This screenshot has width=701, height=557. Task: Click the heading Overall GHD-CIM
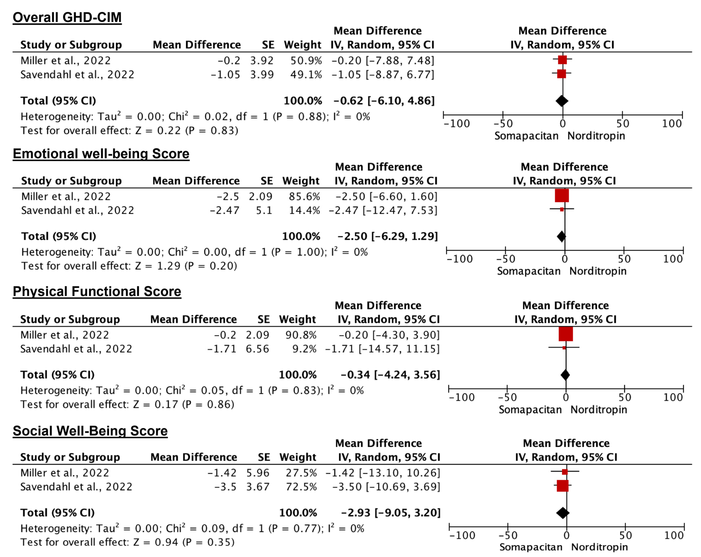(x=67, y=17)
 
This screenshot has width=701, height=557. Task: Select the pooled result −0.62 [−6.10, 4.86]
(x=384, y=101)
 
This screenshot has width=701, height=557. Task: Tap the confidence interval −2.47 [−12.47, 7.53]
(x=383, y=210)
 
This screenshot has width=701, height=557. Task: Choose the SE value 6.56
(x=257, y=349)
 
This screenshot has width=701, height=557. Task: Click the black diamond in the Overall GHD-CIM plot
(x=562, y=101)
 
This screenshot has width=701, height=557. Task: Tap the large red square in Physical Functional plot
(x=565, y=334)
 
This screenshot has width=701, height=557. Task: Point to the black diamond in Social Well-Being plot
(x=563, y=513)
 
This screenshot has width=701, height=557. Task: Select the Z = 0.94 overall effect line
(x=127, y=542)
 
